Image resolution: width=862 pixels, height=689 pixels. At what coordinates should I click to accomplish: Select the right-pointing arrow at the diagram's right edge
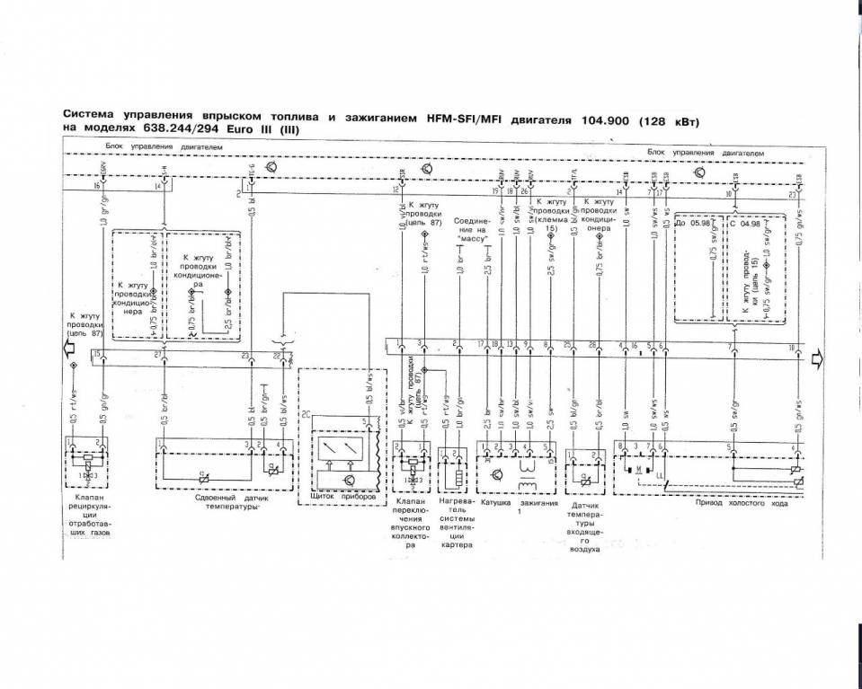pos(817,360)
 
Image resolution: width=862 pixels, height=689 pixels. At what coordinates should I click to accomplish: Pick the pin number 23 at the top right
pos(792,194)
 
